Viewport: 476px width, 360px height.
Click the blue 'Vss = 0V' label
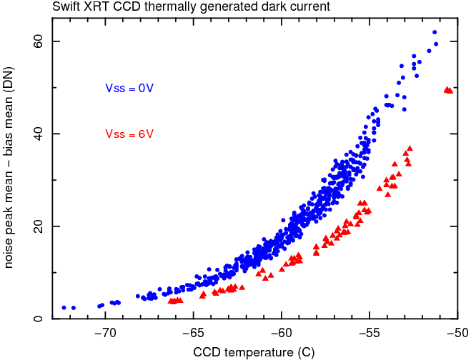129,89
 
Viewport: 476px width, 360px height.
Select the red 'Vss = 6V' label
129,134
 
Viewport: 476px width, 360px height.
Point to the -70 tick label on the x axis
105,334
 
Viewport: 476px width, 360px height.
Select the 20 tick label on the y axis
37,226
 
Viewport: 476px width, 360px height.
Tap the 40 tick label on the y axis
37,134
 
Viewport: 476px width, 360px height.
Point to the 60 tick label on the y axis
37,41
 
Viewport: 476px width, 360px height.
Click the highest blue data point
435,32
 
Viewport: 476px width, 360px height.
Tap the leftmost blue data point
64,307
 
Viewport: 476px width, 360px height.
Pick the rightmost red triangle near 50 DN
450,91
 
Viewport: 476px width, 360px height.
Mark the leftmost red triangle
170,301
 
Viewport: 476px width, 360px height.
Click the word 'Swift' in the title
65,8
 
